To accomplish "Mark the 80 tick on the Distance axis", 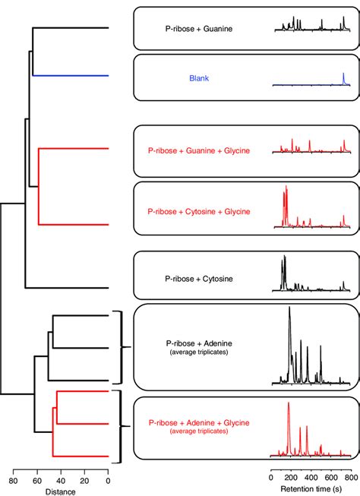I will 13,479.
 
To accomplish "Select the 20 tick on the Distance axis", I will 84,479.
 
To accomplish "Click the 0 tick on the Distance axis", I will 108,479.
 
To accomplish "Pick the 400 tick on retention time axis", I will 311,479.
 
